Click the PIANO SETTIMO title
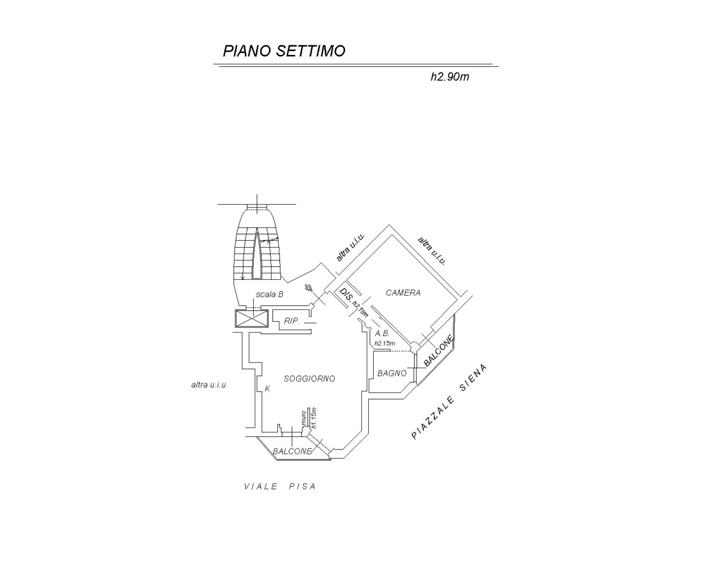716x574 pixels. [284, 51]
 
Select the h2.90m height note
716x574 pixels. [450, 77]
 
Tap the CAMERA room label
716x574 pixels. [403, 292]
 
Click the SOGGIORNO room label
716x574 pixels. [309, 378]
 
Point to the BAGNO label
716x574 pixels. [392, 373]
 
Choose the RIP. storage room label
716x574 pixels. [292, 321]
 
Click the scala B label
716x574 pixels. [269, 294]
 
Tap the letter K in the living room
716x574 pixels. [267, 389]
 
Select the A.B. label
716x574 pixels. [382, 333]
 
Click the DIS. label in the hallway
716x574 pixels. [346, 295]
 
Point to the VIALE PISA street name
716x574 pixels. [280, 486]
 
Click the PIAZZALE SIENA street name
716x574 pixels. [449, 402]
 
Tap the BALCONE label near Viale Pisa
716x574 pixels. [292, 451]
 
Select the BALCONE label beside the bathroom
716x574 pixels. [438, 351]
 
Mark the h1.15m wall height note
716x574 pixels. [313, 418]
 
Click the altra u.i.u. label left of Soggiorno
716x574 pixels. [209, 385]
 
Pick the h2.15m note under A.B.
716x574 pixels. [384, 343]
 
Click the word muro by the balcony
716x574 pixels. [303, 418]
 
